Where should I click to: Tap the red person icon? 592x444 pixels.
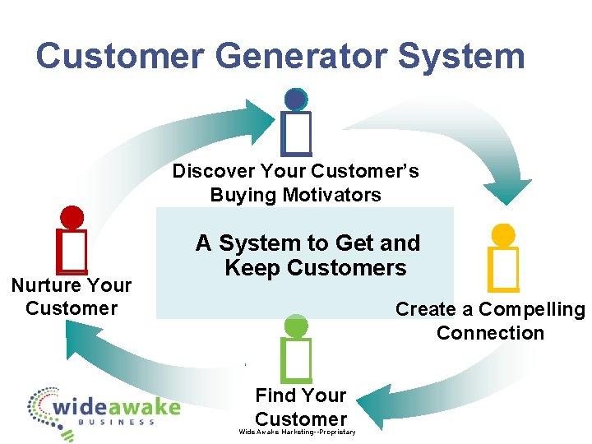(72, 239)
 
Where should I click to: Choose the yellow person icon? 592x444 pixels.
(502, 257)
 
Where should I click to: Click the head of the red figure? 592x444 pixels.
(72, 217)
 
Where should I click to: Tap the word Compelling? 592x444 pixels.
(531, 309)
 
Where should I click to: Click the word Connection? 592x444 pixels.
(490, 333)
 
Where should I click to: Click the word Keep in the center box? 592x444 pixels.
(251, 268)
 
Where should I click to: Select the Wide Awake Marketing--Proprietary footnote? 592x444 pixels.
(297, 432)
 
